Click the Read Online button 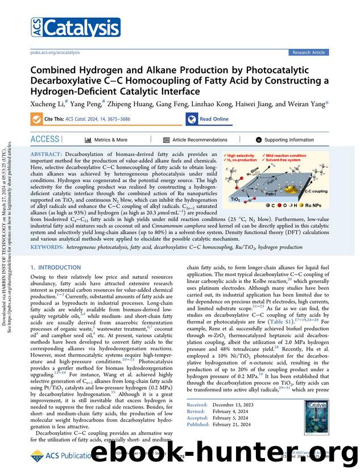point(208,119)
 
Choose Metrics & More point(106,140)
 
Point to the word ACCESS point(45,139)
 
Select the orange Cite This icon point(37,119)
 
